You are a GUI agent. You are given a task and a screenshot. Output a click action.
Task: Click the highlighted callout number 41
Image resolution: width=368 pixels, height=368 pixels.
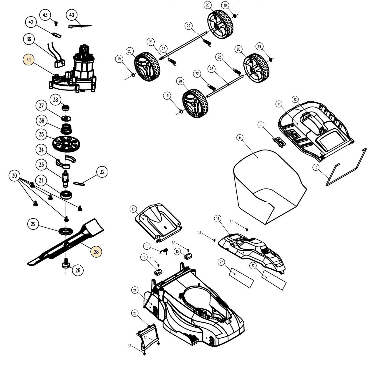29,60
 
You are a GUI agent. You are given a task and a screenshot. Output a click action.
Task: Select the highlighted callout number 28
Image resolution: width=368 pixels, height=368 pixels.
96,251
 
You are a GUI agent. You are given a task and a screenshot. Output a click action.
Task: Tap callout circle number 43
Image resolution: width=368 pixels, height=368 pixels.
45,15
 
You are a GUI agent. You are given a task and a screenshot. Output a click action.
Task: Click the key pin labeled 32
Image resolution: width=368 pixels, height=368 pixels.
80,184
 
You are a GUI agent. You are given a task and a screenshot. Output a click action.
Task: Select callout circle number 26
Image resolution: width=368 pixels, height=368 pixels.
78,270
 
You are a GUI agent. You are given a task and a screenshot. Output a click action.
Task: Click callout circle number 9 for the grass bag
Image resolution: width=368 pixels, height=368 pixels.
240,137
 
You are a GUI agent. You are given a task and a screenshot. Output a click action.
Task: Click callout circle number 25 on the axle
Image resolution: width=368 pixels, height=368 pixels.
211,69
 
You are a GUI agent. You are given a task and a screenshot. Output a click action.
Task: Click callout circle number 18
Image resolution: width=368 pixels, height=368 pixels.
217,218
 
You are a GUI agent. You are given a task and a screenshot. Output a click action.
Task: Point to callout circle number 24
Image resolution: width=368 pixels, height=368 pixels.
135,290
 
